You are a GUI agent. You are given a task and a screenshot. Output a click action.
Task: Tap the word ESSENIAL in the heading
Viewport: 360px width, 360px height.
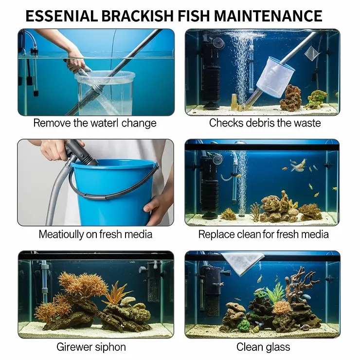61,16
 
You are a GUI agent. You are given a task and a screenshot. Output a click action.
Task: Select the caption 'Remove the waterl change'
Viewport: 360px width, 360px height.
95,123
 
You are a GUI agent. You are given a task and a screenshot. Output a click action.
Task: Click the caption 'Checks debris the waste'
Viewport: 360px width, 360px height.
265,123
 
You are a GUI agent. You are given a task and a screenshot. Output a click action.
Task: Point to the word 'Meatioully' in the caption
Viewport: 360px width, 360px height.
64,234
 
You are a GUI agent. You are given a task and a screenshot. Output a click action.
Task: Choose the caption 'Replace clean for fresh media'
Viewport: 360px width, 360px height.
263,234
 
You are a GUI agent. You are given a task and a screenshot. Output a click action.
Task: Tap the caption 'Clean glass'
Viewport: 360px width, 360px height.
263,347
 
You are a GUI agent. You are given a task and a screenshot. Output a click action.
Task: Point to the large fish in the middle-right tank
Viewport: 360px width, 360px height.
297,165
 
